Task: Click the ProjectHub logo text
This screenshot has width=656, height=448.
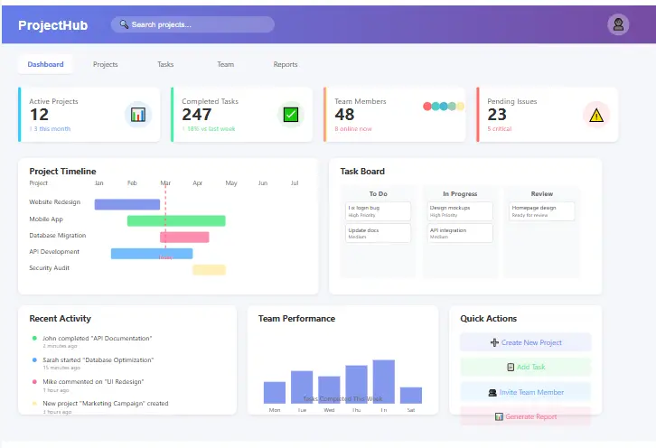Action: [x=52, y=25]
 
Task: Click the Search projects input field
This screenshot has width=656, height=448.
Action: [x=192, y=24]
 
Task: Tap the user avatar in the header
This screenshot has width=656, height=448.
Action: [x=618, y=24]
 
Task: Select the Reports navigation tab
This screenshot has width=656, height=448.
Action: [x=286, y=65]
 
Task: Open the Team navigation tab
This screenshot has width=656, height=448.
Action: [x=225, y=65]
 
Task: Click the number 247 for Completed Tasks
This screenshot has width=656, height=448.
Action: [x=196, y=115]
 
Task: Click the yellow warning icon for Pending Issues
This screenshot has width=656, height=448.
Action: [x=595, y=115]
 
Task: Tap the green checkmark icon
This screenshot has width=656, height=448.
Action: [x=290, y=115]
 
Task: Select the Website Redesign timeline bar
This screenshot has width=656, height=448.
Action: [x=127, y=204]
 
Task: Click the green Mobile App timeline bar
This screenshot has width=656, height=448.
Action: [x=176, y=220]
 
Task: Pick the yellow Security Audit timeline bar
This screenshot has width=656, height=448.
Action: [x=209, y=269]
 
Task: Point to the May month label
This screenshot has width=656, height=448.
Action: [x=231, y=183]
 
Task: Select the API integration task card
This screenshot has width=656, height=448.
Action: [x=460, y=233]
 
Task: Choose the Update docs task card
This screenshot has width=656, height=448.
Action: [x=378, y=233]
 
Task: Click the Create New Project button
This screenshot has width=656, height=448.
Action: [x=525, y=342]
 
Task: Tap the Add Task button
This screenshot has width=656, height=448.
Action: [x=525, y=367]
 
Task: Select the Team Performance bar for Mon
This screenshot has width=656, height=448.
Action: [x=275, y=392]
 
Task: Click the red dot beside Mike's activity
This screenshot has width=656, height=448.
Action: [x=34, y=382]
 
